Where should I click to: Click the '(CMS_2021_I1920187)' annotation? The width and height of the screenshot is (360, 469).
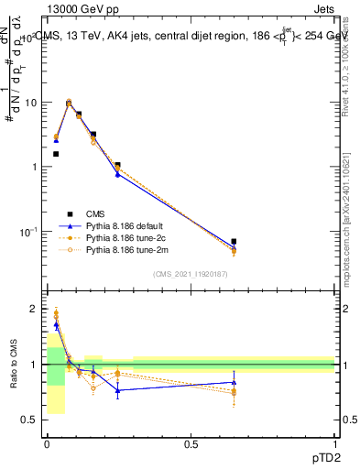tap(190, 275)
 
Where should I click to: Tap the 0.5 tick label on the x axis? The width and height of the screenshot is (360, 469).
tap(191, 444)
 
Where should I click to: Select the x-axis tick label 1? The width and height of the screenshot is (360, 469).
tap(334, 444)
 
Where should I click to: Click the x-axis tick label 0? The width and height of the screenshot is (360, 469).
tap(47, 444)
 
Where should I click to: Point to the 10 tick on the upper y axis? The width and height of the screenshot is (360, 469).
tap(33, 103)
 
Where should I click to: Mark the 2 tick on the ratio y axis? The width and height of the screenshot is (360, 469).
tap(36, 310)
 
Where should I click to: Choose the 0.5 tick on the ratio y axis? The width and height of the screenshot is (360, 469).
tap(32, 420)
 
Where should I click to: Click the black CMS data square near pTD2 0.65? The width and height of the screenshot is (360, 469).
tap(234, 242)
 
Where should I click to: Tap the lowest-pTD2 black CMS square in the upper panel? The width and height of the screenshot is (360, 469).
tap(56, 154)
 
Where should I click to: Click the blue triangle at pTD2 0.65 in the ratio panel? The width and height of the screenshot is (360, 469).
tap(234, 382)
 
